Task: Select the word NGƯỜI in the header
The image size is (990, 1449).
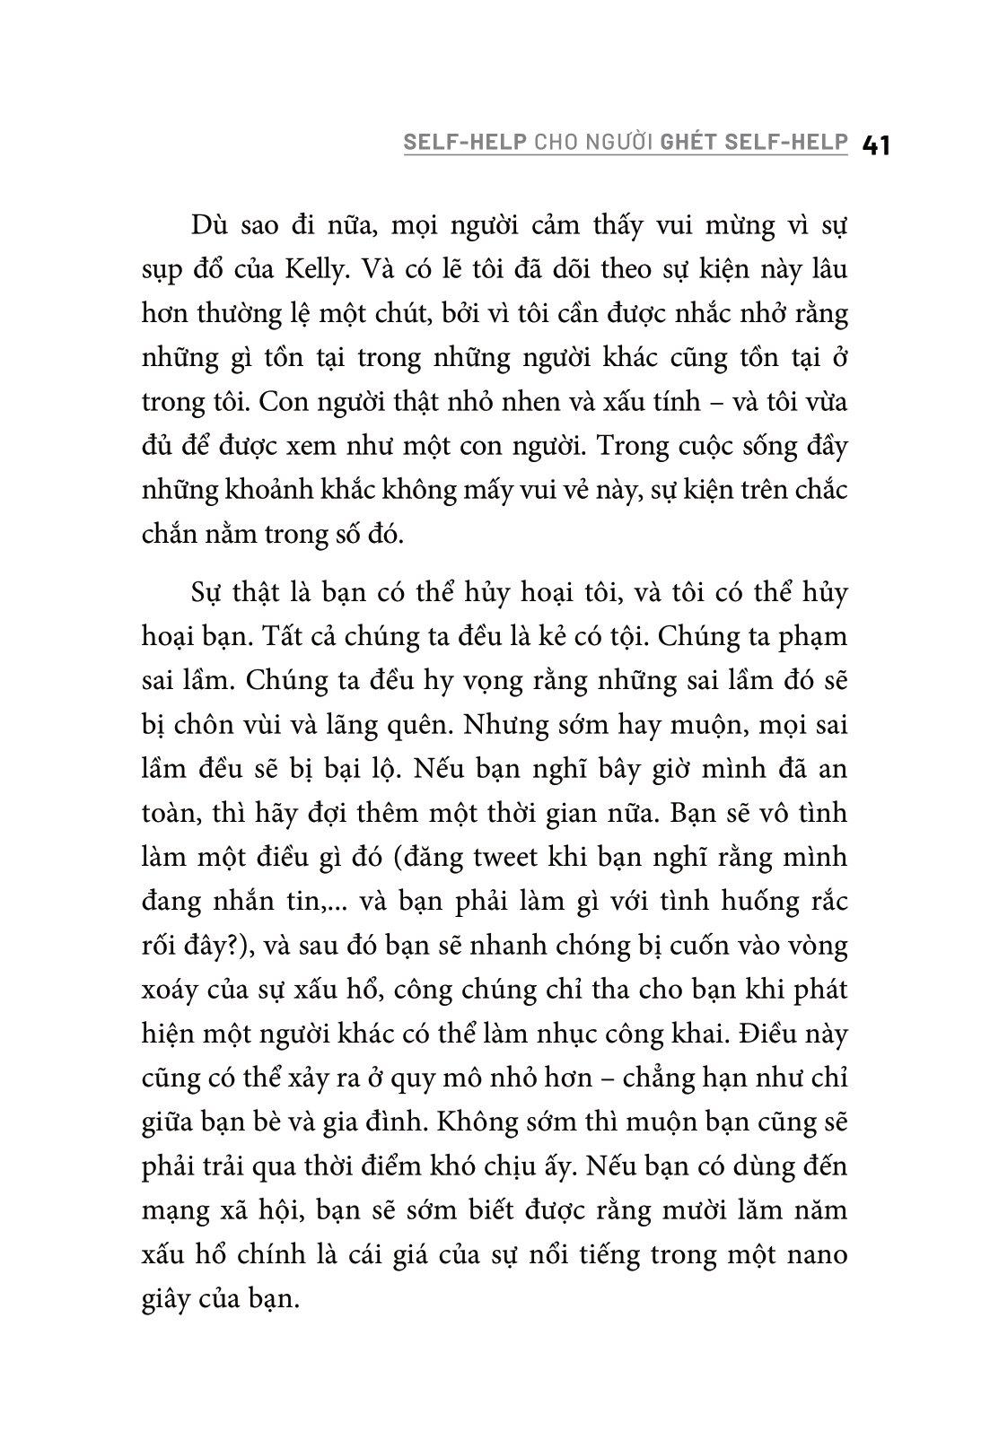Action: click(619, 142)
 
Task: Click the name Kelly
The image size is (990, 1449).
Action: click(376, 268)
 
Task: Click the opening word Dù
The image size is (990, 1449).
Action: click(210, 224)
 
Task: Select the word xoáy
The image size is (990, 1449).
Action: click(173, 990)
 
